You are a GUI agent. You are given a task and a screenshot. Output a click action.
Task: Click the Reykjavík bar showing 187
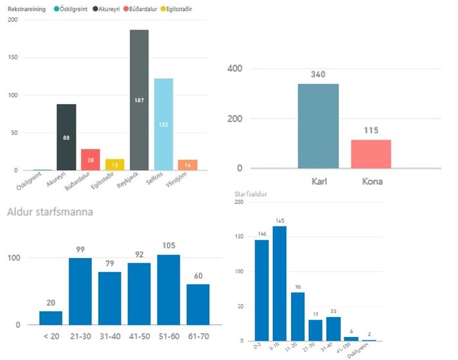[139, 100]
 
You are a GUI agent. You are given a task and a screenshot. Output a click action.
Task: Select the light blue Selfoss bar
[163, 124]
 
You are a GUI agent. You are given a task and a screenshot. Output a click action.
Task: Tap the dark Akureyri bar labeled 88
[66, 137]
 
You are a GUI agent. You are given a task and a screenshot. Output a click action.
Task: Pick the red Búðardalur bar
[91, 160]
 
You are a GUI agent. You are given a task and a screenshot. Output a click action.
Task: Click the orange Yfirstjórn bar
[188, 165]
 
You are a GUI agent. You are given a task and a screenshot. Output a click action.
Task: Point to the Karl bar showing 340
[318, 126]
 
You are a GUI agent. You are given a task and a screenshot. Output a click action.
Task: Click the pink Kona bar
[371, 154]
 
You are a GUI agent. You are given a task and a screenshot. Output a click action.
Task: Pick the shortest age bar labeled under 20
[51, 318]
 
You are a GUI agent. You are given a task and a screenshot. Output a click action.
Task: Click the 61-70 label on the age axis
[198, 337]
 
